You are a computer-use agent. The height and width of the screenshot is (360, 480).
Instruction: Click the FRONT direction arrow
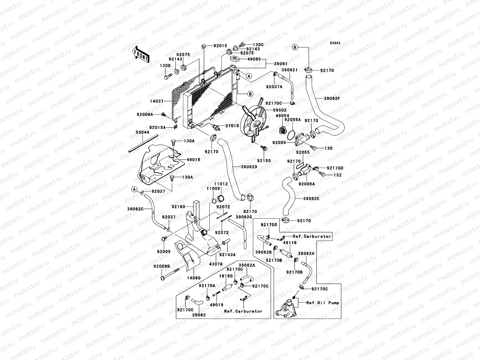141,55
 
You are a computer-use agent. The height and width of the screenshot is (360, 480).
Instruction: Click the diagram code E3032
335,43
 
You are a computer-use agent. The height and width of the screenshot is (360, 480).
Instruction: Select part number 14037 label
157,101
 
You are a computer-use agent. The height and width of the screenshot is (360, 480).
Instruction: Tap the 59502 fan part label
280,110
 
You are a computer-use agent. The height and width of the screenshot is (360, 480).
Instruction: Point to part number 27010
232,126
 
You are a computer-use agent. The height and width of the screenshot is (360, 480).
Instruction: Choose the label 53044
142,132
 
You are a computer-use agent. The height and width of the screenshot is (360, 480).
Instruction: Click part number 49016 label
193,160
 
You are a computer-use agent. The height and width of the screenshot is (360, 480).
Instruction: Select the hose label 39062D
249,167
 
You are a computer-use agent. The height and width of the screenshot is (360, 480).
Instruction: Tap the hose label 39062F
332,99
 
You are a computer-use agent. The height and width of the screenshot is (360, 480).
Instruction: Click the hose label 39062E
311,199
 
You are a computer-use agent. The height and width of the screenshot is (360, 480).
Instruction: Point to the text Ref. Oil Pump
322,303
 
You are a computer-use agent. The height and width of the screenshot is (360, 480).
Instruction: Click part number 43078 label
216,264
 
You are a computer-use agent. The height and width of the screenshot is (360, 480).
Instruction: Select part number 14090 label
193,278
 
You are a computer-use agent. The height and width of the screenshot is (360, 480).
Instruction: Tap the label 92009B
162,266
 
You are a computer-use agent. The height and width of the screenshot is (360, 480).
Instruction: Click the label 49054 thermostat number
282,115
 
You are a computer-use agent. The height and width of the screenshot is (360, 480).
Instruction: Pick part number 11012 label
221,184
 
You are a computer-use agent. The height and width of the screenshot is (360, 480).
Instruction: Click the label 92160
178,207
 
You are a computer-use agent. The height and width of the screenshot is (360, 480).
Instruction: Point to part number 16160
226,276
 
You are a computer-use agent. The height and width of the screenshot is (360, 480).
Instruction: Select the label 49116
290,243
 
